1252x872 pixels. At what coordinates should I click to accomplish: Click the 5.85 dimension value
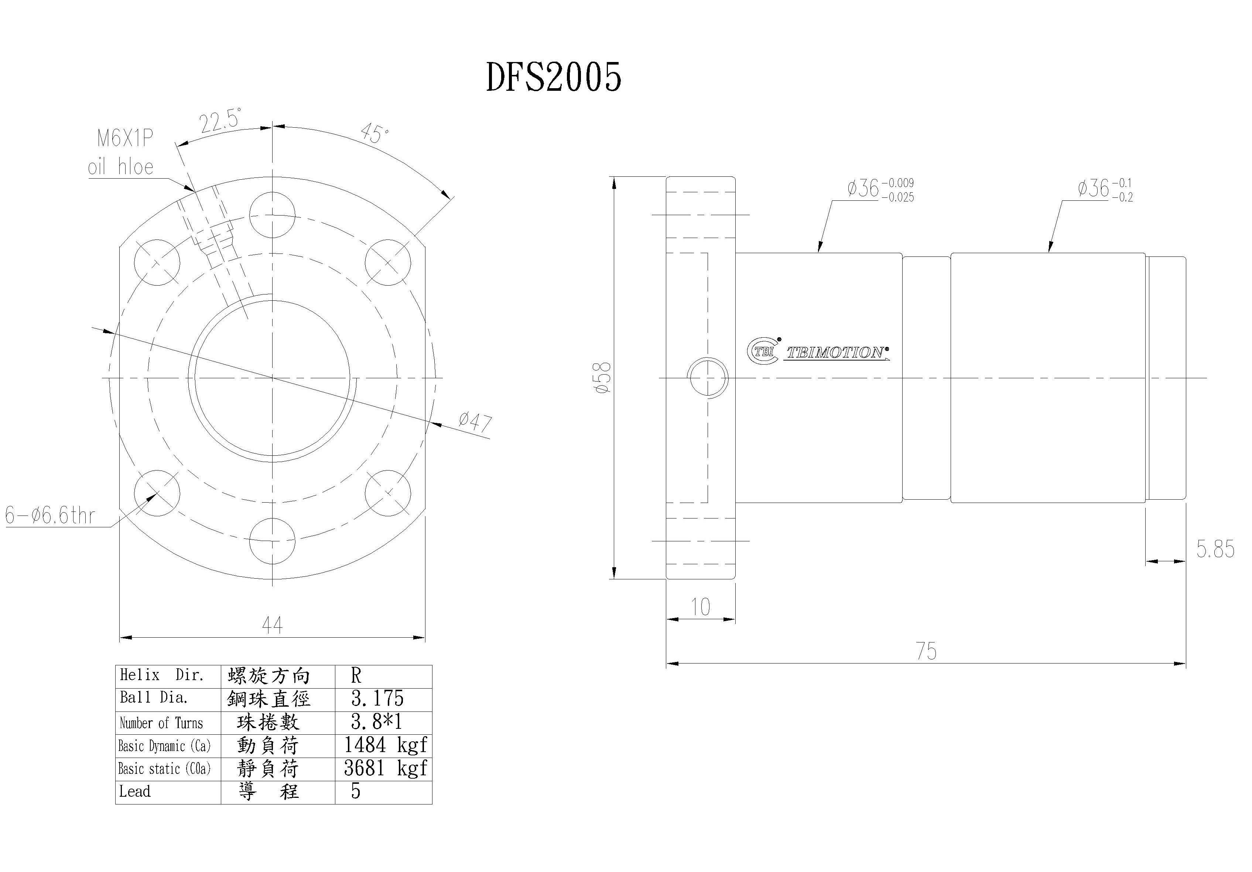tap(1215, 549)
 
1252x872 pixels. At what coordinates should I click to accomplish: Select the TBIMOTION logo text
tap(835, 353)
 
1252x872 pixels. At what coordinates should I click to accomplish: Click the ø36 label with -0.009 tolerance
tap(880, 189)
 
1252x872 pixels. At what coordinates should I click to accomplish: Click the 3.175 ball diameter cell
tap(377, 699)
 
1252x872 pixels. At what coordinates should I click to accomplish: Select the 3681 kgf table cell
tap(385, 768)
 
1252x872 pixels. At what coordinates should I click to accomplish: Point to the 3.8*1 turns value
tap(376, 722)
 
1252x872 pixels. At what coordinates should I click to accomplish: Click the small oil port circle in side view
tap(708, 378)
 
